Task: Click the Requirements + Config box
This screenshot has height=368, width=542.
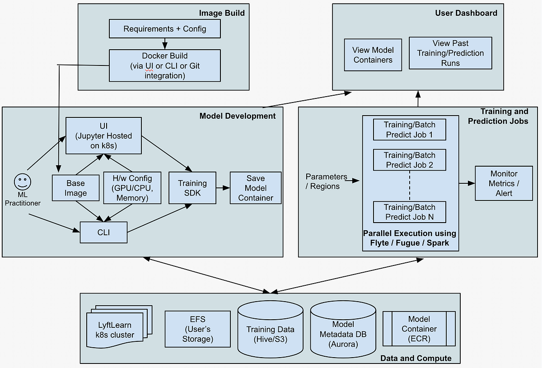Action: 165,29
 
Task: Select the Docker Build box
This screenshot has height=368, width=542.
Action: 165,65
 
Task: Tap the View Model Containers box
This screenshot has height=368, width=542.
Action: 373,55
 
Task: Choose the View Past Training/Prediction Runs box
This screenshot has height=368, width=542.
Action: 450,53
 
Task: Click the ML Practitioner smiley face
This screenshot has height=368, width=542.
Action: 22,182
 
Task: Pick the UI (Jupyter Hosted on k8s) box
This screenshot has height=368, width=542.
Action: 103,135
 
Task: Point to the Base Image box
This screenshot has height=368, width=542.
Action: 75,188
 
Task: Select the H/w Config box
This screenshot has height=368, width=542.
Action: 131,188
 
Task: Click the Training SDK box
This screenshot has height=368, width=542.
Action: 192,188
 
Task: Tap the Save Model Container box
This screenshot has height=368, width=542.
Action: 256,188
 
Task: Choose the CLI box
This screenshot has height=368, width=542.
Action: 103,232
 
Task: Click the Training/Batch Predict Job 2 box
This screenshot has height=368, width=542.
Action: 409,160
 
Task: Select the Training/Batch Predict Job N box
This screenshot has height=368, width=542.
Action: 409,212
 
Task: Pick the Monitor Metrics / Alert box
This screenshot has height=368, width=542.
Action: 504,183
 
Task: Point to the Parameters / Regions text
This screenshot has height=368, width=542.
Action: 326,181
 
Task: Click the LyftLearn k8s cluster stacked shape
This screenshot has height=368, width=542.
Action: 116,330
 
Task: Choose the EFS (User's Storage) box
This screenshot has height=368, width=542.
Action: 197,329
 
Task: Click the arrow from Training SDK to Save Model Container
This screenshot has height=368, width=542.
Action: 223,187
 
